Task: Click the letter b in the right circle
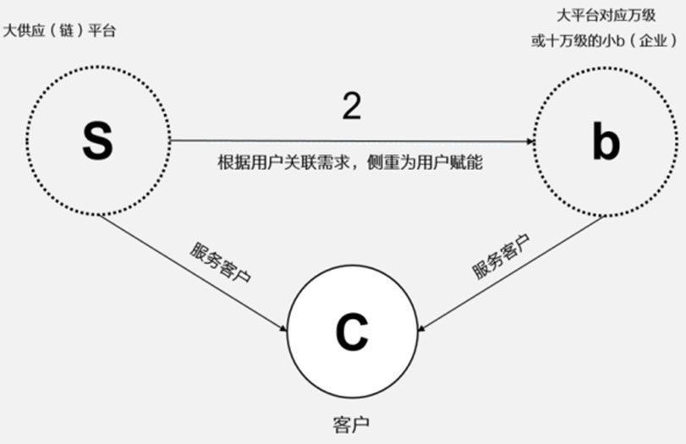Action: click(x=606, y=142)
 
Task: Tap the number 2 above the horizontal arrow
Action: click(x=351, y=106)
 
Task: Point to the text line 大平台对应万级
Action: click(x=605, y=15)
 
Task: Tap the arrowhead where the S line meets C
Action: click(x=284, y=329)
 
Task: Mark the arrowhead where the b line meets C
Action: click(x=425, y=325)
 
